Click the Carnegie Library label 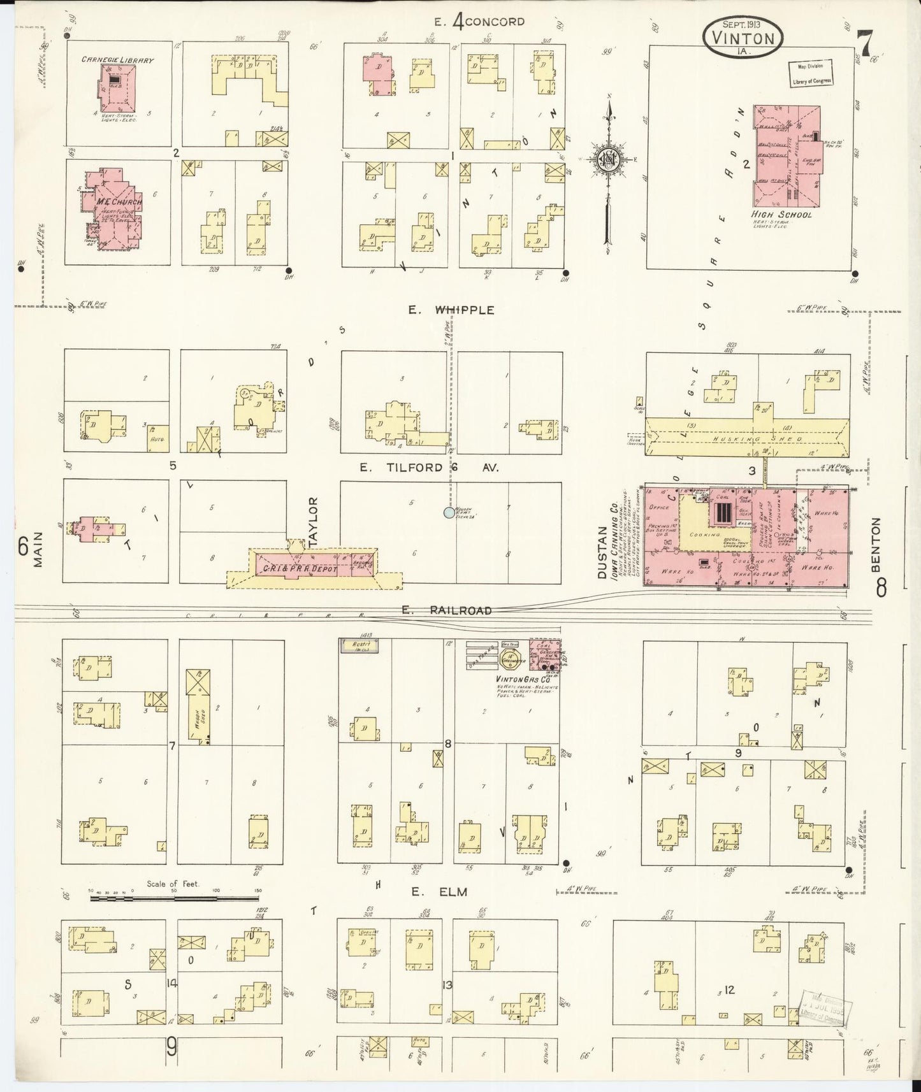[117, 60]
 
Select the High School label [781, 215]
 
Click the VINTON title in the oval [744, 37]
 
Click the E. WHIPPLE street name [452, 310]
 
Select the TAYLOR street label [312, 522]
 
